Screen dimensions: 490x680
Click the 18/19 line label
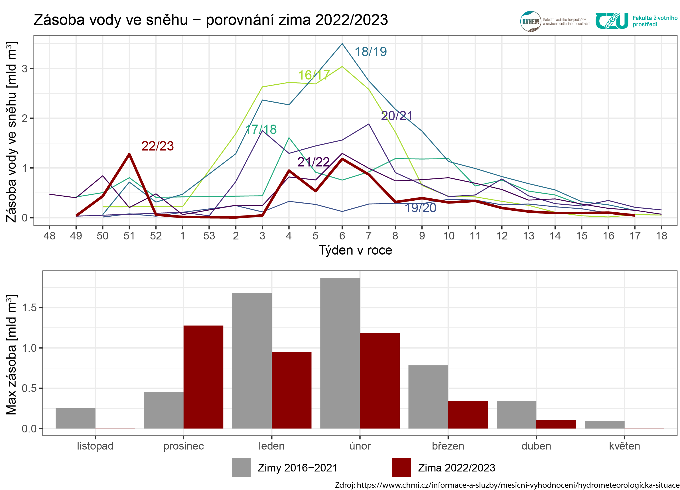click(371, 52)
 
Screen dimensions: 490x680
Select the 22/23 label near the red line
click(157, 146)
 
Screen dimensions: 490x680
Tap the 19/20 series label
click(420, 208)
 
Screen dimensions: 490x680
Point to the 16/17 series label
click(314, 75)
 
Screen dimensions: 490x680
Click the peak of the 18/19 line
click(342, 44)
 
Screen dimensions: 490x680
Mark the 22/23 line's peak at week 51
click(129, 154)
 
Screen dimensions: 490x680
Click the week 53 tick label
click(209, 236)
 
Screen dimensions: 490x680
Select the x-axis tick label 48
click(50, 236)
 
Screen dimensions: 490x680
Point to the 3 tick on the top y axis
click(25, 69)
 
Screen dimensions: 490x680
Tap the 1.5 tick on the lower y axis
click(29, 308)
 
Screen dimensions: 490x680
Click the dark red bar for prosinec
click(203, 377)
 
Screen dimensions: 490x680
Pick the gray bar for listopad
click(76, 418)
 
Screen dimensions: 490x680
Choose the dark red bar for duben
click(556, 424)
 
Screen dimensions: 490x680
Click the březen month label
click(448, 446)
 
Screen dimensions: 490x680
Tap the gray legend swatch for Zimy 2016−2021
click(241, 467)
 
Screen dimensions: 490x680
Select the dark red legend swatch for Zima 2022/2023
click(401, 467)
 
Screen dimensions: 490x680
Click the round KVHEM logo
click(530, 21)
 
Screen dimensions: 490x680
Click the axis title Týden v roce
click(355, 250)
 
